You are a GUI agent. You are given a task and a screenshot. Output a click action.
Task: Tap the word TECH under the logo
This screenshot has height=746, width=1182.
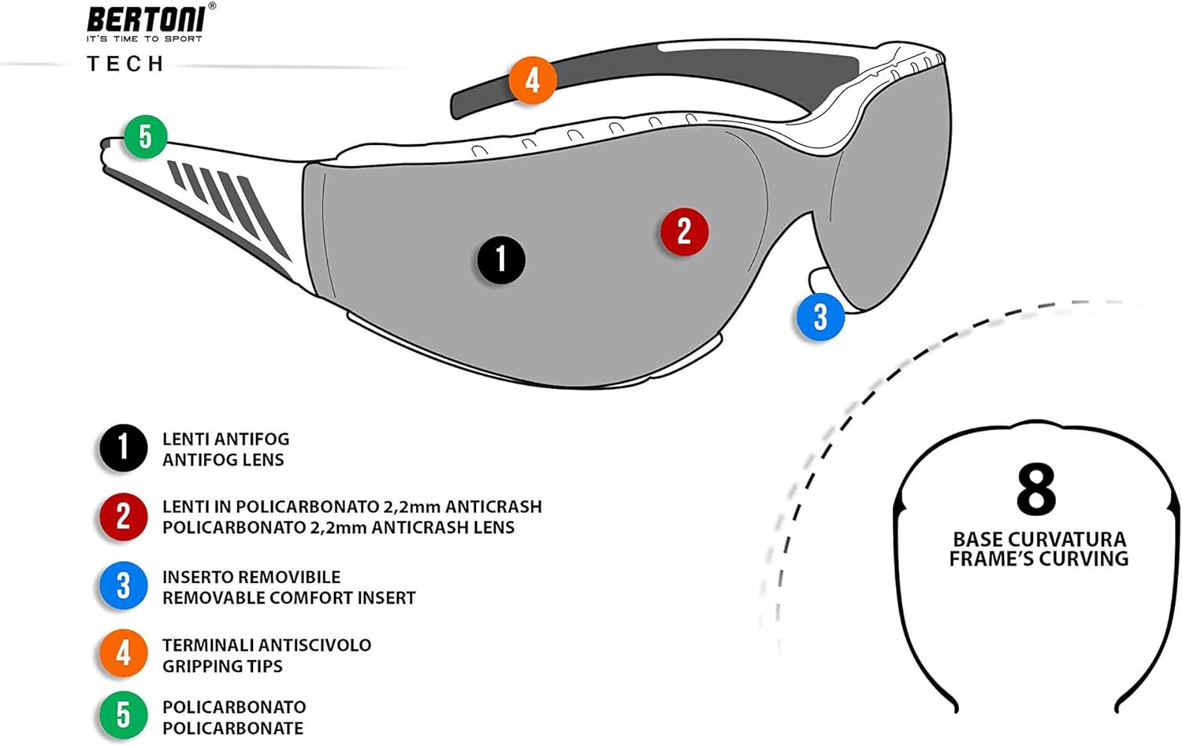tap(125, 64)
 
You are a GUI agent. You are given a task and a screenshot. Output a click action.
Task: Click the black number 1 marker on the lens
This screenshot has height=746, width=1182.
tap(501, 260)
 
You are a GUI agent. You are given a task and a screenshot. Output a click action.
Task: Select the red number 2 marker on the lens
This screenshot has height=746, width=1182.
tap(684, 232)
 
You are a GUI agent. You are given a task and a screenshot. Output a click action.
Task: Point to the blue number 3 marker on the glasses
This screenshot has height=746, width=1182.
tap(820, 317)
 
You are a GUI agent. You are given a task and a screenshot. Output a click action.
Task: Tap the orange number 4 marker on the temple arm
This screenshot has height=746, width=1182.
tap(533, 80)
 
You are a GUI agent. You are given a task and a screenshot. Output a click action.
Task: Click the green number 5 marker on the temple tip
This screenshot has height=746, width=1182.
tap(146, 136)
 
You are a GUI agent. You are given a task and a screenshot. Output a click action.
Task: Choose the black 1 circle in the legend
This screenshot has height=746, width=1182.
tap(123, 448)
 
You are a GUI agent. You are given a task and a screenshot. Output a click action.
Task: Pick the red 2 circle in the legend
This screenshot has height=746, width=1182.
tap(123, 517)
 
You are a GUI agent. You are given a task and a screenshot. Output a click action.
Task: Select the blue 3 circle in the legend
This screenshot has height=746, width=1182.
tap(123, 586)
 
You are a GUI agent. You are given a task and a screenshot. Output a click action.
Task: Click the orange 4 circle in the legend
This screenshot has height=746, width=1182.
tap(123, 654)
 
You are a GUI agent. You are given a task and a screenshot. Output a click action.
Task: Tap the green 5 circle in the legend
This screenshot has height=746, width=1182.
tap(123, 715)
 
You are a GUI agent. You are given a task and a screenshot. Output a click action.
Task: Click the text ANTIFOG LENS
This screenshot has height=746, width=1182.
tap(223, 460)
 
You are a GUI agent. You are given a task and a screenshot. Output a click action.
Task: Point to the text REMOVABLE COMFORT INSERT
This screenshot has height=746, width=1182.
tap(288, 598)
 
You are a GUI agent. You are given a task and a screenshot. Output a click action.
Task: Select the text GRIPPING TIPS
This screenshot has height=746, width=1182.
tap(222, 666)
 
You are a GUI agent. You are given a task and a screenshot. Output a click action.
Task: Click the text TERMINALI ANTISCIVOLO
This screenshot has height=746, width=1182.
tap(266, 645)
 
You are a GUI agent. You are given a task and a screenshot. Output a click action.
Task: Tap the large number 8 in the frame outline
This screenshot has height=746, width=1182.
tap(1035, 489)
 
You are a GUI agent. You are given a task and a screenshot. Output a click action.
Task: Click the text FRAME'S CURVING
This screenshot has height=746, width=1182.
tap(1039, 559)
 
